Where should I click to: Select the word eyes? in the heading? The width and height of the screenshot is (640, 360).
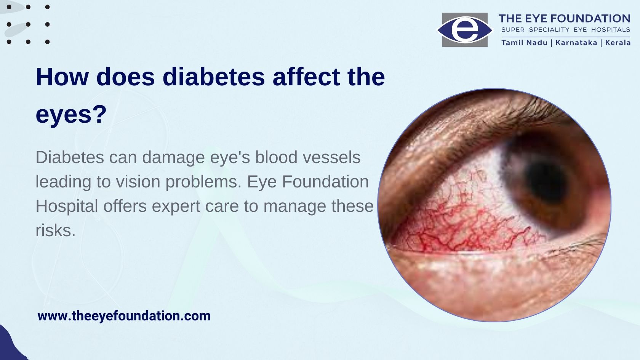pos(71,115)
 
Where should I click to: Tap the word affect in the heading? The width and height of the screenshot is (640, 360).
pos(306,77)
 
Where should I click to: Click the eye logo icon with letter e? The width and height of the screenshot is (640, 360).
pos(465,30)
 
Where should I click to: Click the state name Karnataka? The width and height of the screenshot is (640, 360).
pos(576,43)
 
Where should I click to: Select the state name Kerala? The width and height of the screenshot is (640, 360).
pos(618,43)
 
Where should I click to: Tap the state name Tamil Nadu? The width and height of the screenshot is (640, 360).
pos(524,43)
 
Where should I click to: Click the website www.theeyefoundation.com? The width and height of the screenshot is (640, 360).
pos(124,316)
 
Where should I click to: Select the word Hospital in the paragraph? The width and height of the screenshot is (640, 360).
pos(67,206)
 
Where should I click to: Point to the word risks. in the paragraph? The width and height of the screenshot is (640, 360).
pos(56,230)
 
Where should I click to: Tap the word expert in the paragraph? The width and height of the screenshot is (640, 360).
pos(176,206)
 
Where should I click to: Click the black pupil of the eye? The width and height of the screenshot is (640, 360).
pos(546,182)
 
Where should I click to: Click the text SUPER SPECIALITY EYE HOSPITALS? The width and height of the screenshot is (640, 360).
pos(566,30)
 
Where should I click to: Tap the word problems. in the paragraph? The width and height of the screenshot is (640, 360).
pos(204,182)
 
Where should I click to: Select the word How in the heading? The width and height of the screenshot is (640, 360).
pos(62,77)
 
